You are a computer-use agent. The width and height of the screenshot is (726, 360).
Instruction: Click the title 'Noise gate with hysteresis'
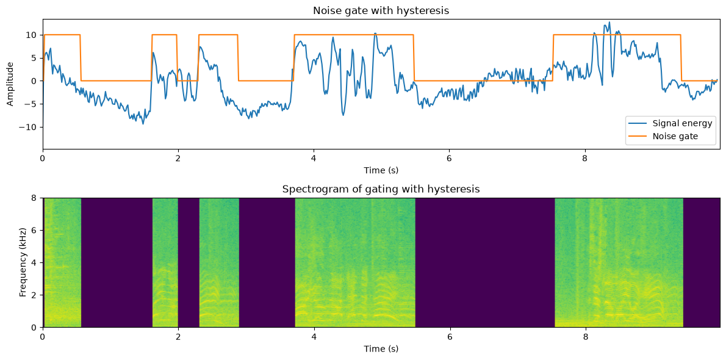coord(381,10)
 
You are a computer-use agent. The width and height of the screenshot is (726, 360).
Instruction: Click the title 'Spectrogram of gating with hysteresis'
coord(381,189)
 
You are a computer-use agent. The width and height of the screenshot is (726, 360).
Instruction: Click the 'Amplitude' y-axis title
coord(10,84)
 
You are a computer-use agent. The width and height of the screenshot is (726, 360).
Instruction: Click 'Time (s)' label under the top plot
coord(381,170)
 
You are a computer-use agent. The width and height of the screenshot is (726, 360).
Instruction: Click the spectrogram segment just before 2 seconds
coord(165,262)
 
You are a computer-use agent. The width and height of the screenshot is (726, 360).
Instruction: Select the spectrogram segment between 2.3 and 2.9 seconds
coord(219,262)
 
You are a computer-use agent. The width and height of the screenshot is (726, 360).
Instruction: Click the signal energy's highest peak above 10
coord(610,22)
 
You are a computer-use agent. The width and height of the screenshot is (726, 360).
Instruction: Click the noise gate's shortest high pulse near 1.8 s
coord(164,35)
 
